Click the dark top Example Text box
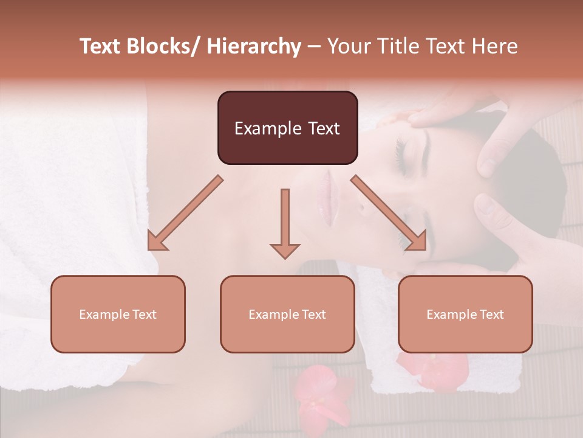pyautogui.click(x=287, y=128)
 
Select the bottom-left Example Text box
pyautogui.click(x=118, y=314)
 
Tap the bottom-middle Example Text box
pyautogui.click(x=287, y=314)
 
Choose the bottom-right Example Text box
pyautogui.click(x=465, y=314)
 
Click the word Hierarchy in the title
pyautogui.click(x=254, y=46)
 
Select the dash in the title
pyautogui.click(x=314, y=46)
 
